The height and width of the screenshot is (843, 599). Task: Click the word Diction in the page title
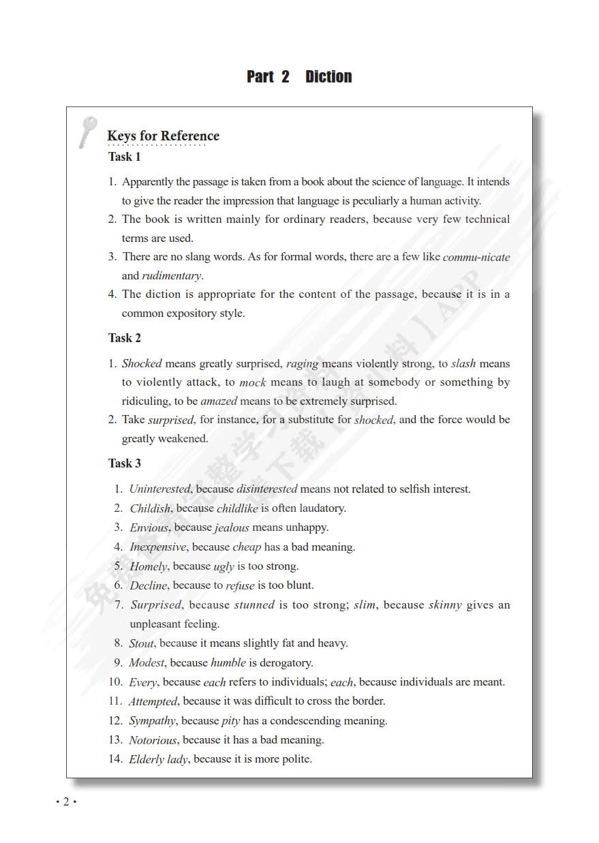coord(328,77)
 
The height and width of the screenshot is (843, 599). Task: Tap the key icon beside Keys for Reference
coord(87,132)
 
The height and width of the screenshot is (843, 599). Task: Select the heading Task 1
coord(125,157)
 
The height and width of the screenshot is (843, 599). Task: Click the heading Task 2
coord(125,338)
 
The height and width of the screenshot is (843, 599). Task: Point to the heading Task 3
coord(125,463)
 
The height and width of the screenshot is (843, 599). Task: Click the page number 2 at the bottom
coord(66,801)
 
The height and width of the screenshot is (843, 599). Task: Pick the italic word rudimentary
coord(171,276)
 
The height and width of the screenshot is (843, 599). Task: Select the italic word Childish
coord(150,508)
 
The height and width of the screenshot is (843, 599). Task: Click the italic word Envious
coord(149,527)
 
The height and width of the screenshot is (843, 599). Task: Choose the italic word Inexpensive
coord(158,547)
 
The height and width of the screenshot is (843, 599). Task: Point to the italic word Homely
coord(149,566)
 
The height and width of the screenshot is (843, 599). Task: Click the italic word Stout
coord(142,643)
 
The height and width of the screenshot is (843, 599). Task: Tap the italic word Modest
coord(147,662)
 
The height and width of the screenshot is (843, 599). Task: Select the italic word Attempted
coord(153,701)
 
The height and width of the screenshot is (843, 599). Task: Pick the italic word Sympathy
coord(153,721)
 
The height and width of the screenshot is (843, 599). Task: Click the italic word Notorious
coord(153,740)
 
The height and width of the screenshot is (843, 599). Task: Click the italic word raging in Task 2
coord(303,364)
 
